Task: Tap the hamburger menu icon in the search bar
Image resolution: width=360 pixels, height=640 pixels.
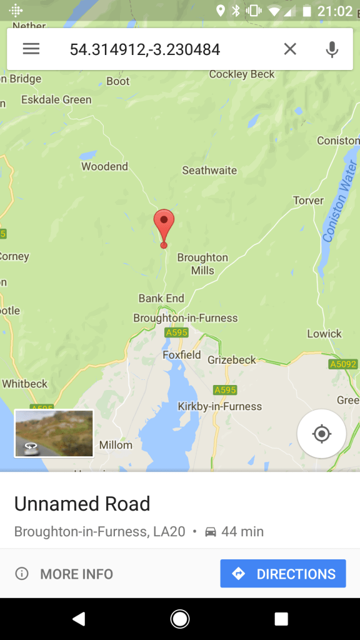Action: click(31, 49)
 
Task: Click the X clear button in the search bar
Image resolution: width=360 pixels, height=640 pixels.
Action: click(290, 49)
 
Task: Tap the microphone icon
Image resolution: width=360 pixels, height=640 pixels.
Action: click(332, 49)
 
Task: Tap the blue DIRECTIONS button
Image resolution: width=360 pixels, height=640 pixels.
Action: click(283, 574)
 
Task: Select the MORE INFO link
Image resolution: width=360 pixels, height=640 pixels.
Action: click(64, 574)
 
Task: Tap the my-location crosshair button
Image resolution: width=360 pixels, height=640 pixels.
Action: click(322, 434)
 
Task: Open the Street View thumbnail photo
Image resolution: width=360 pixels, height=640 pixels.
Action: click(54, 433)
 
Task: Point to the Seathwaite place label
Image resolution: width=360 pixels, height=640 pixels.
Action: click(209, 170)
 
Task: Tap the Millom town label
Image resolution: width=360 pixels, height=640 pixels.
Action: click(116, 445)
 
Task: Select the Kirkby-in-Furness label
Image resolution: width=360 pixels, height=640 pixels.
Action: click(219, 406)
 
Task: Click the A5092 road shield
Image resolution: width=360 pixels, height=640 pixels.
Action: click(342, 364)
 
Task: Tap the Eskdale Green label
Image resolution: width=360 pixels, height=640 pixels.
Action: click(56, 99)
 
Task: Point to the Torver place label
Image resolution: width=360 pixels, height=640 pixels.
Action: click(308, 201)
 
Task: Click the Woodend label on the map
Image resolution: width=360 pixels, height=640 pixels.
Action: click(104, 166)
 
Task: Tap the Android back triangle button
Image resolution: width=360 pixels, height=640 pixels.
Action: click(79, 619)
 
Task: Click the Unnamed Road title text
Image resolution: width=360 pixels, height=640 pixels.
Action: click(82, 504)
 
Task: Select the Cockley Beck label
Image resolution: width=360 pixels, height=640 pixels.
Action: click(242, 74)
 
